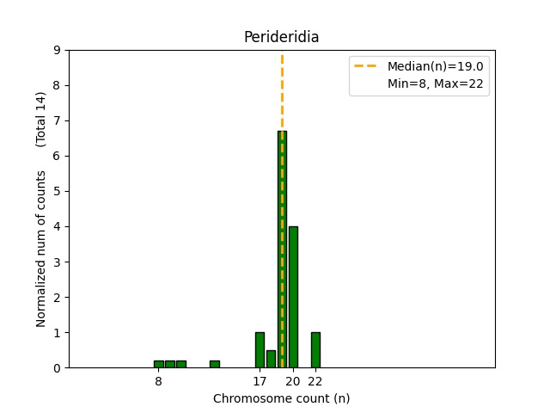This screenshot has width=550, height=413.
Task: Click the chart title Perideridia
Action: (281, 37)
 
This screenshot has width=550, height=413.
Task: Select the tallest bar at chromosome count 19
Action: (282, 250)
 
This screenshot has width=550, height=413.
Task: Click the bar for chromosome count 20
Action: (293, 297)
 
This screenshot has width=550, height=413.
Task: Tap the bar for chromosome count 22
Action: (315, 350)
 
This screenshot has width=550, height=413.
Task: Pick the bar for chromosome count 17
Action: (260, 350)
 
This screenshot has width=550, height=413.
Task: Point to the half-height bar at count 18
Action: (271, 359)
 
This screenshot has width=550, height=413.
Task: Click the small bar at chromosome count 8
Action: (159, 364)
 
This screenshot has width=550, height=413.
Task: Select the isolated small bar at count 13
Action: (215, 364)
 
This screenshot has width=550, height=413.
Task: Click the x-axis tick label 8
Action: (159, 380)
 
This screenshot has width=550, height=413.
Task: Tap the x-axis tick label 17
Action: (260, 380)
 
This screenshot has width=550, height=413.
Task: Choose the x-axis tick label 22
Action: (315, 380)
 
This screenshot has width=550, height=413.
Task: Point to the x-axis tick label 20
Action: (293, 380)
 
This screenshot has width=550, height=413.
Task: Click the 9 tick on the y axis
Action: (57, 50)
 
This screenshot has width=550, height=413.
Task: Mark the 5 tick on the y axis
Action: (57, 191)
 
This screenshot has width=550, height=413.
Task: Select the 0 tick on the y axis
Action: (57, 367)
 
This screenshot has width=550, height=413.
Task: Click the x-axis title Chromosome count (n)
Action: (281, 398)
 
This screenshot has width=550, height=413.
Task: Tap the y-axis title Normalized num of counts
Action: (41, 248)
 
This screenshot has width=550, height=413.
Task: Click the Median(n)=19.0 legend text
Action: (435, 66)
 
